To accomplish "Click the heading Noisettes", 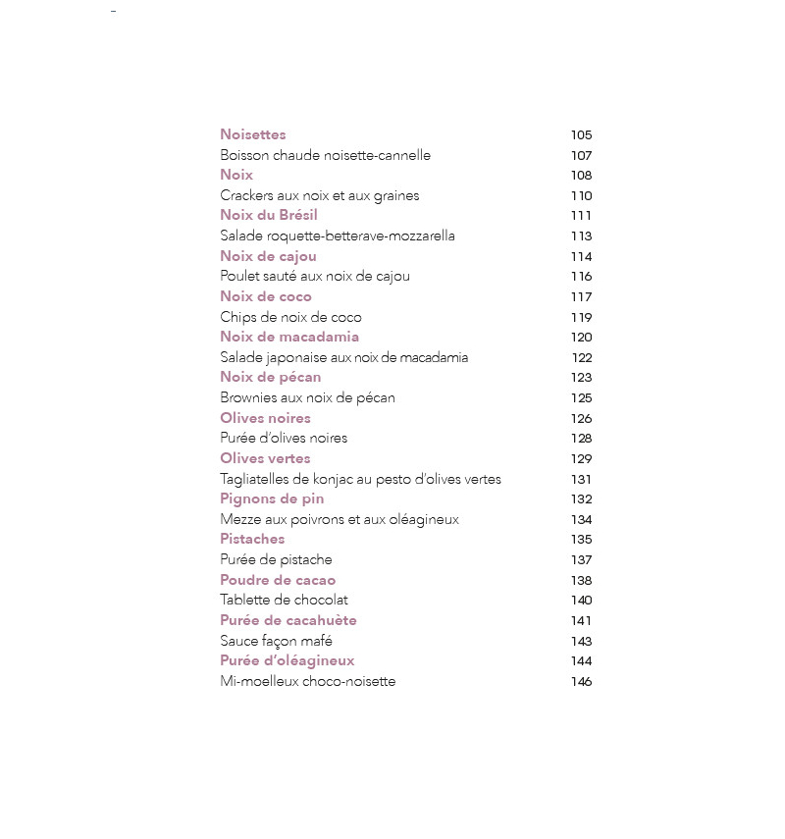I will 252,134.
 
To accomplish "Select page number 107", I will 581,155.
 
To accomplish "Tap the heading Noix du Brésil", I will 268,215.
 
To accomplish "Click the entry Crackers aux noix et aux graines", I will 319,195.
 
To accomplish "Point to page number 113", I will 581,236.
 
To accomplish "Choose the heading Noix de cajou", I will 268,256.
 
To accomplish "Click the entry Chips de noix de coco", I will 290,317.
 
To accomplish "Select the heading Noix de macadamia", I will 289,337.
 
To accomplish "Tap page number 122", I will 582,357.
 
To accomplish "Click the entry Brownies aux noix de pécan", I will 307,397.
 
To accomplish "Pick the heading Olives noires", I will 265,418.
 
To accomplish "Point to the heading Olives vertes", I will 265,458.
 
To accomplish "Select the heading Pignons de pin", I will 272,498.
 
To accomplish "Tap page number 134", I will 581,519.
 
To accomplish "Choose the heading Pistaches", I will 252,539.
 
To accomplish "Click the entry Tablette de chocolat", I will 284,600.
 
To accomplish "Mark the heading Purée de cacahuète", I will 288,620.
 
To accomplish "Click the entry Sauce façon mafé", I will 276,641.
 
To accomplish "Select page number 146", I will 581,681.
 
